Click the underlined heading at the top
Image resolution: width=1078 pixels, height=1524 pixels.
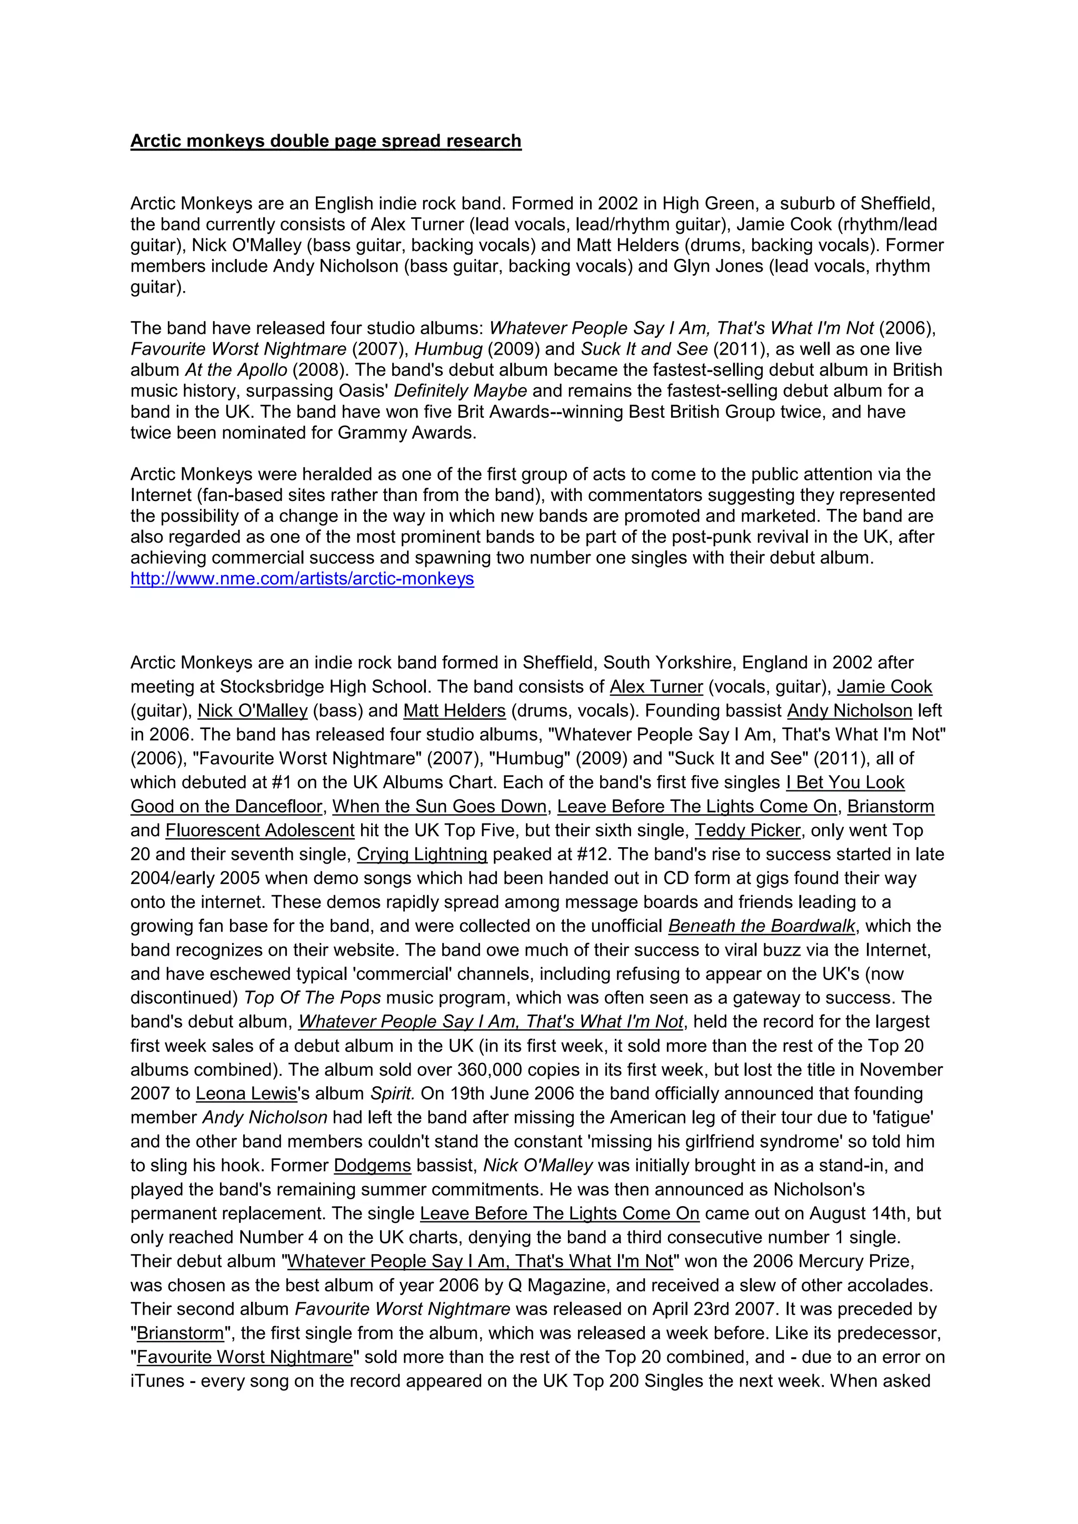(x=325, y=142)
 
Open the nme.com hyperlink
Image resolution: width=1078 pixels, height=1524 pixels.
(x=302, y=579)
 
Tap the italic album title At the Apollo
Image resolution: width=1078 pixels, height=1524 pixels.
(x=236, y=370)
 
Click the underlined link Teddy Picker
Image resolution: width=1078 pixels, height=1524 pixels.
(x=747, y=830)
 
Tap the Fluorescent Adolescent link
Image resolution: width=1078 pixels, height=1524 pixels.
(x=259, y=830)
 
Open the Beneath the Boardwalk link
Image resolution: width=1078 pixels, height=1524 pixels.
(x=761, y=926)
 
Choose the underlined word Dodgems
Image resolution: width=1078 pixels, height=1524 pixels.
(x=372, y=1165)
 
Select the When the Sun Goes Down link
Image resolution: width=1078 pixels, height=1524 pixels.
(x=440, y=807)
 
